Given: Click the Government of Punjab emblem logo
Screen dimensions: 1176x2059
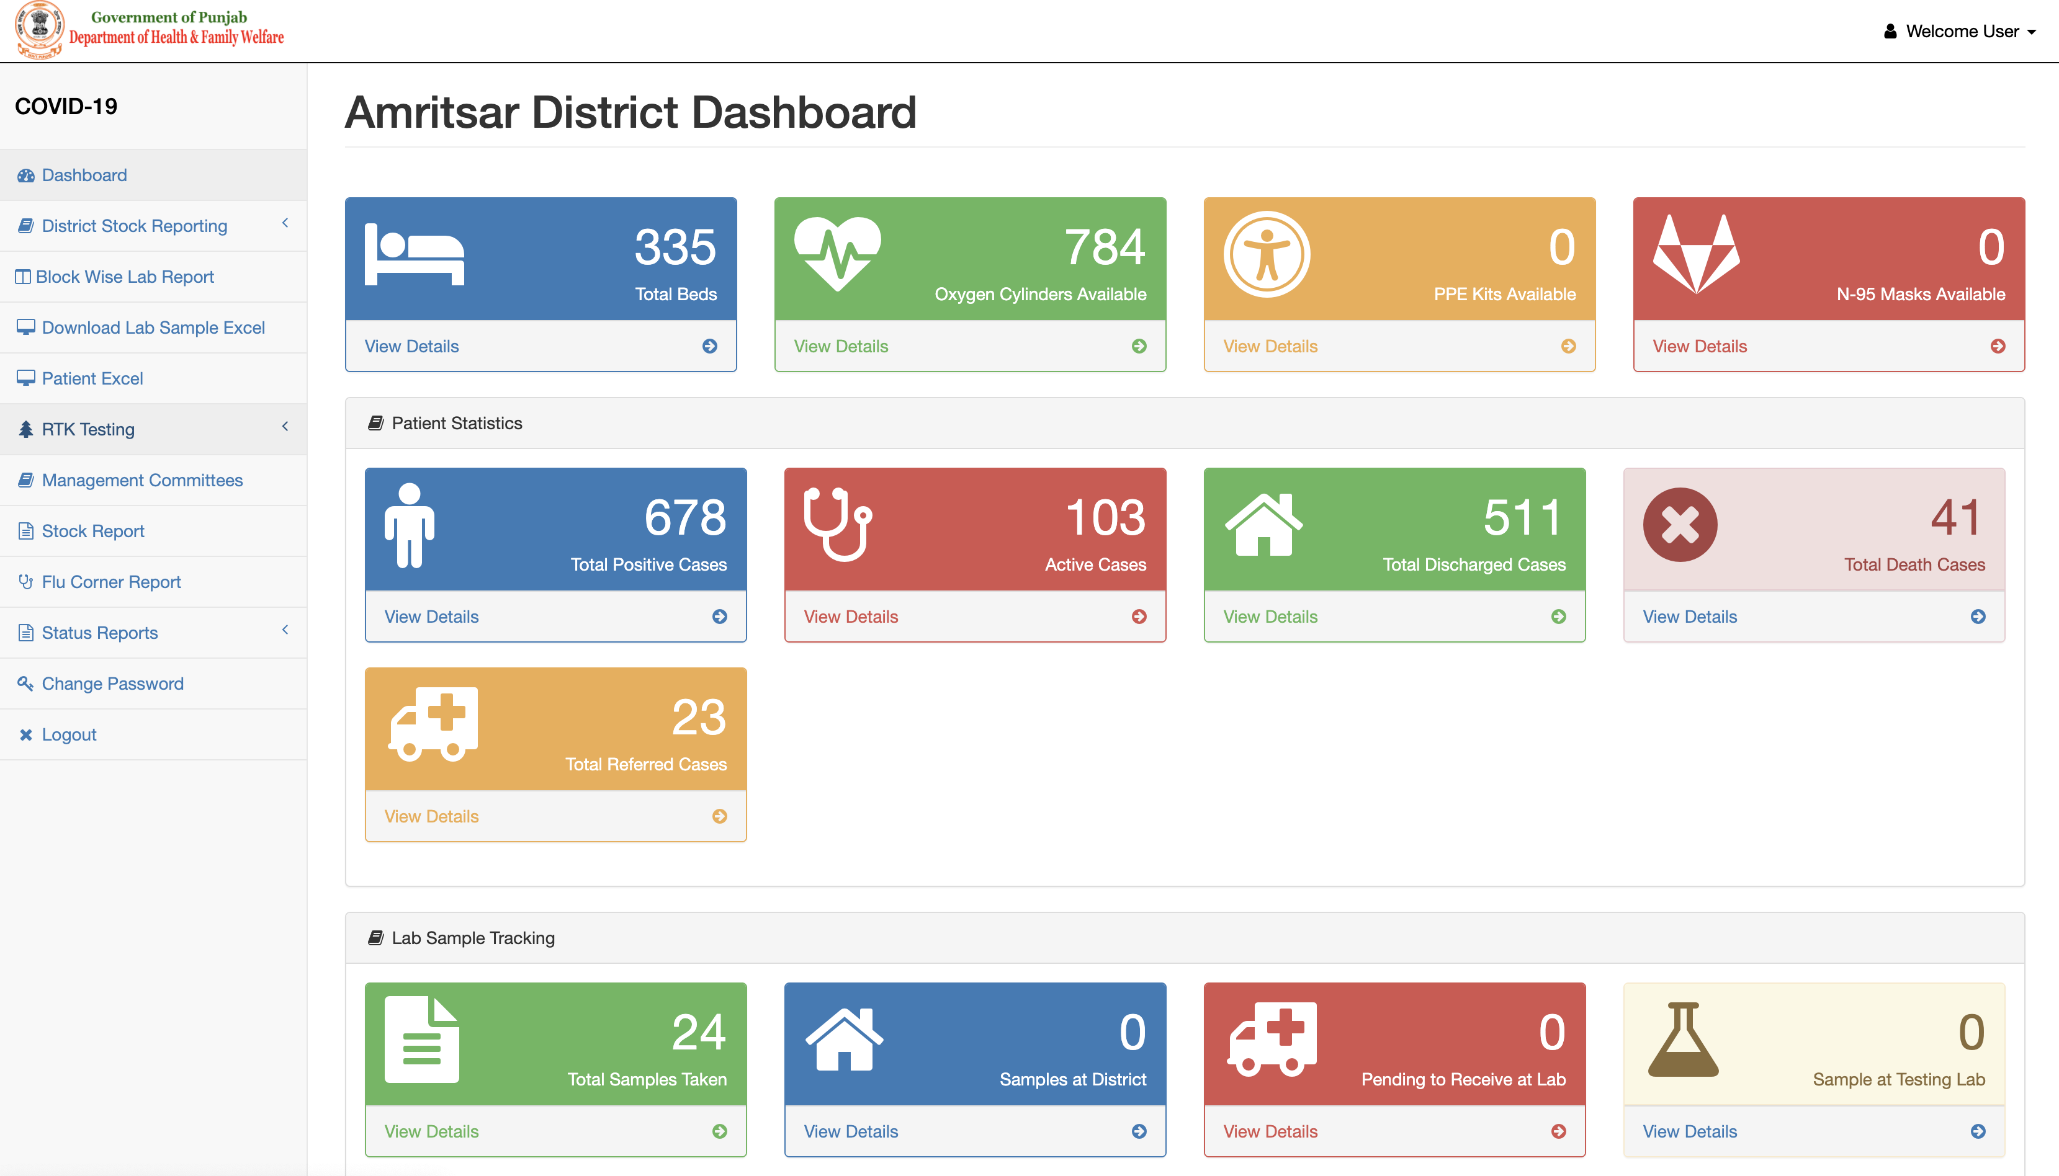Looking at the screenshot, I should pyautogui.click(x=39, y=29).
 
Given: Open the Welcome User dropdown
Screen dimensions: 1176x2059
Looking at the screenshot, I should pyautogui.click(x=1960, y=32).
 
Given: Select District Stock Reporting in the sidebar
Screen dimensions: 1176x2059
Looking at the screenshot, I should pyautogui.click(x=134, y=226).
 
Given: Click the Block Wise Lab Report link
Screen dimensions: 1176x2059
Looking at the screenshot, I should pyautogui.click(x=125, y=277).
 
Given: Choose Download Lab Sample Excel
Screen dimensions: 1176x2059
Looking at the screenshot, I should pyautogui.click(x=153, y=328).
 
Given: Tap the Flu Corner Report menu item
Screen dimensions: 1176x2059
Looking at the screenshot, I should pyautogui.click(x=110, y=582).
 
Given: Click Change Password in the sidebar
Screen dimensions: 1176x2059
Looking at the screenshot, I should pyautogui.click(x=112, y=684).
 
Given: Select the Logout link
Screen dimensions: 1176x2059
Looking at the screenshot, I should pyautogui.click(x=69, y=735).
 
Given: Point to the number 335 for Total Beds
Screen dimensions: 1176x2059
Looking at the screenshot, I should pyautogui.click(x=675, y=247).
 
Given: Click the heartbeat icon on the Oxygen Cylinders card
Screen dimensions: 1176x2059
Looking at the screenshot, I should pyautogui.click(x=837, y=254).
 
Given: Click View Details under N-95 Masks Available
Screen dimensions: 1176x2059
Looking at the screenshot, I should pyautogui.click(x=1700, y=347).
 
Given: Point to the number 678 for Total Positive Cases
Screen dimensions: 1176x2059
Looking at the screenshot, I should pyautogui.click(x=685, y=518).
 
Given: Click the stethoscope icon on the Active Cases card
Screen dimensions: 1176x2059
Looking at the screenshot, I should pyautogui.click(x=837, y=524).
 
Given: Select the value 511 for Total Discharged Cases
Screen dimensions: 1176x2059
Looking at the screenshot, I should pyautogui.click(x=1522, y=518).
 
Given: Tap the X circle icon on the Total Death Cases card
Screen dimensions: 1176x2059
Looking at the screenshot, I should pyautogui.click(x=1680, y=525).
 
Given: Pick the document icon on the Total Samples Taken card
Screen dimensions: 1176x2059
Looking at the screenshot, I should pyautogui.click(x=421, y=1040).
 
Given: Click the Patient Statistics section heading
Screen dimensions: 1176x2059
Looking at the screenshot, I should pyautogui.click(x=457, y=423).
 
